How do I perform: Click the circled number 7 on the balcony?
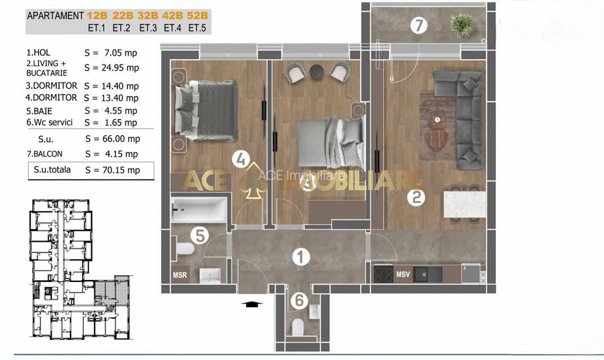419,26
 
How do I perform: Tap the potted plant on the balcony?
462,25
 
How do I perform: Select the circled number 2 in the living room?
416,197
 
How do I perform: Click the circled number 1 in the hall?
301,257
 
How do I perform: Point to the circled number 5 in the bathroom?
199,235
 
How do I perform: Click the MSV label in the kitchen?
403,275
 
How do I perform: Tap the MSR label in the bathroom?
180,275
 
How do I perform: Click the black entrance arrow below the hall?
252,304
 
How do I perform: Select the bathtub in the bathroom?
199,210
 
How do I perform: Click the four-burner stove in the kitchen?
383,273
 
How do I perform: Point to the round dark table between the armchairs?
317,72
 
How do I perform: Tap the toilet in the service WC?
298,327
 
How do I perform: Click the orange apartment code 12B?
97,16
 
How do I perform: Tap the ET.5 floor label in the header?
197,28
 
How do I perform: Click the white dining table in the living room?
464,204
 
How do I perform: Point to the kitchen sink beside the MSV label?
427,274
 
